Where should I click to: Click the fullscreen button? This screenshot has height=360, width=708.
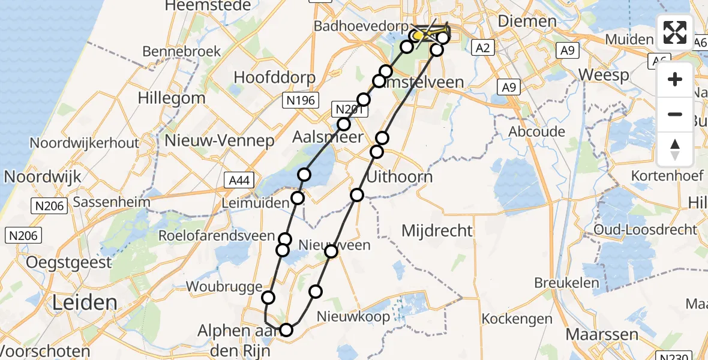(675, 32)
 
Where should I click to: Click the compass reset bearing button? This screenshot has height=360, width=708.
(675, 149)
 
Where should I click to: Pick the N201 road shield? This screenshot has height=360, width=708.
(347, 109)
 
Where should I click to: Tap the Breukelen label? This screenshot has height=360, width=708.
(567, 283)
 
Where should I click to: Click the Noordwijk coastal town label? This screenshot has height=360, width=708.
(43, 177)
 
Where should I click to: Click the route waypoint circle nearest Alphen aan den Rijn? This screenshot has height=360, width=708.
(286, 329)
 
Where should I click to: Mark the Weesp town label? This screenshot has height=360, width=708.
(604, 75)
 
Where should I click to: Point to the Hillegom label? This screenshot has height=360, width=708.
(171, 98)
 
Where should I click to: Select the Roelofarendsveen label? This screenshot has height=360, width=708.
(216, 236)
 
